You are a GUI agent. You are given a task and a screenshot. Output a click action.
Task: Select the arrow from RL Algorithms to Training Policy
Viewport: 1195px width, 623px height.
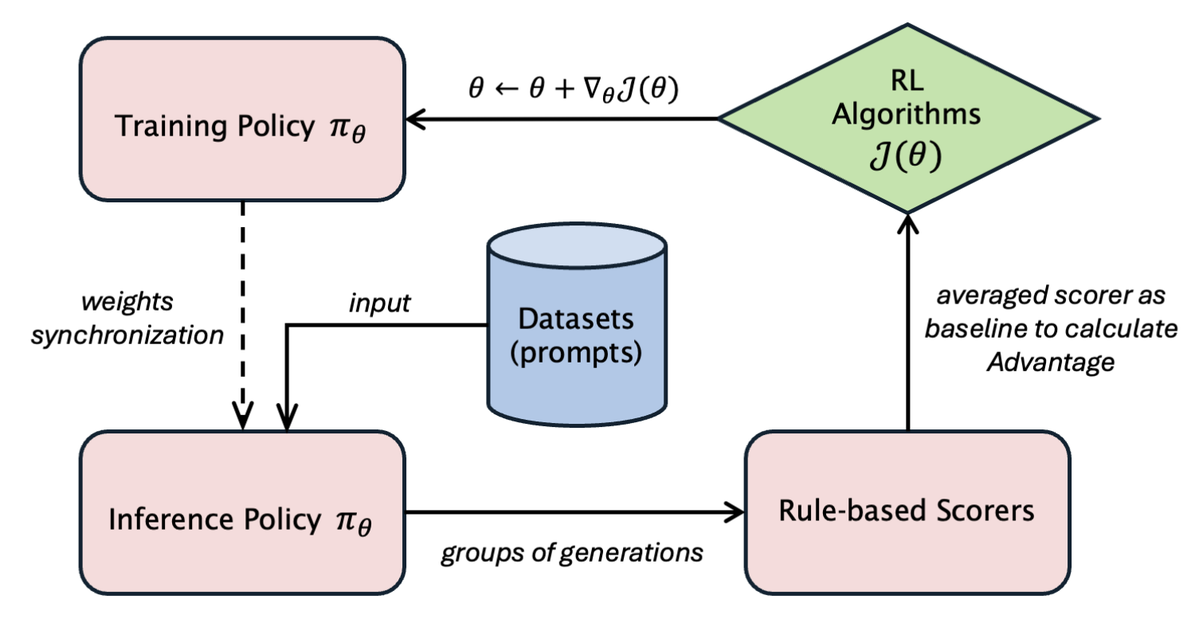pos(558,120)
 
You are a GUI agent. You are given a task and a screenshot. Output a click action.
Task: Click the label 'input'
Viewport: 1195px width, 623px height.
pos(381,304)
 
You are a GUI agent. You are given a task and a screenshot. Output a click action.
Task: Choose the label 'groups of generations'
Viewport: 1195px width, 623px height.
pos(572,552)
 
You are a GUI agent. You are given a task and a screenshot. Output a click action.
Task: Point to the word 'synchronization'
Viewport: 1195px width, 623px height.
pos(127,335)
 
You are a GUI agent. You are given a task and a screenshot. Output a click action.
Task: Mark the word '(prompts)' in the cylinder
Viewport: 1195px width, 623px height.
pos(576,352)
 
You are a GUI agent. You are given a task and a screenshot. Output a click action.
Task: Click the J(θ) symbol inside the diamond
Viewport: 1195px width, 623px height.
pos(907,155)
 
